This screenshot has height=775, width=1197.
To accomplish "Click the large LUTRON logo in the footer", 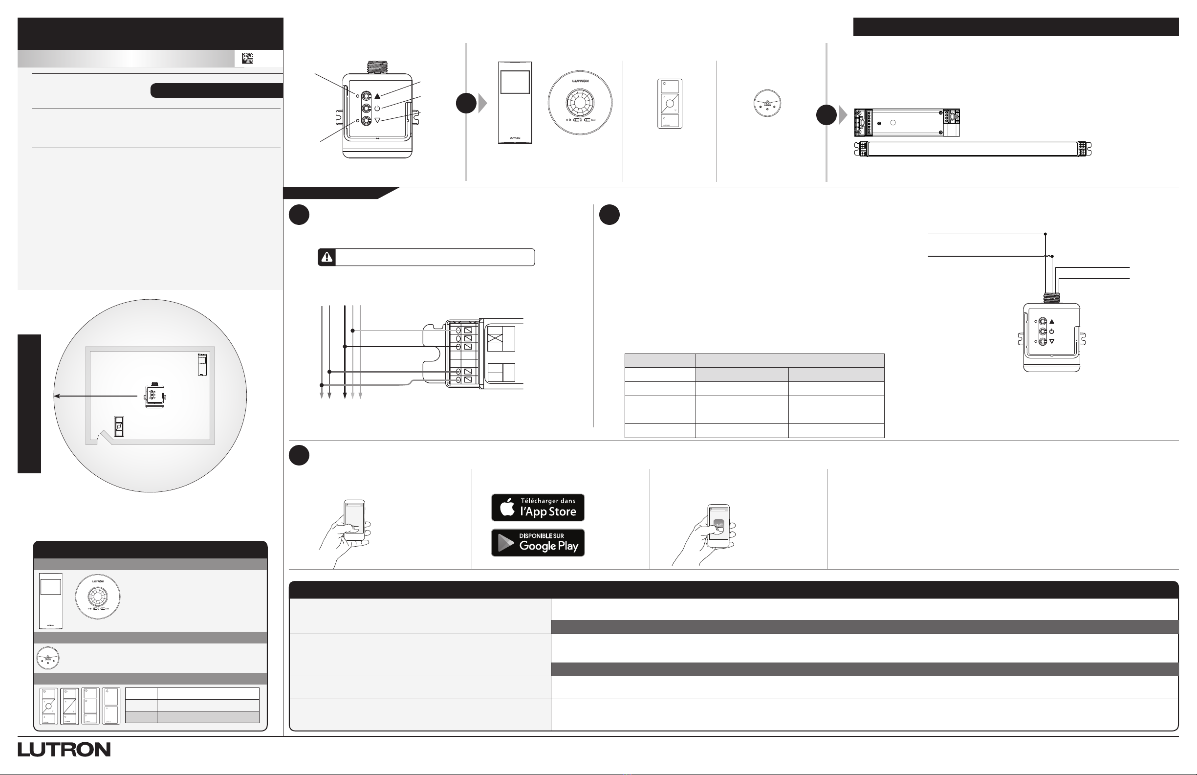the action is coord(65,750).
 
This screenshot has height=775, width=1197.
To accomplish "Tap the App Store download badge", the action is coord(538,507).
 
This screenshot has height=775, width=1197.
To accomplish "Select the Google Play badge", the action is coord(538,543).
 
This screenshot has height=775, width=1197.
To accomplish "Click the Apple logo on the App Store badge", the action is coord(507,507).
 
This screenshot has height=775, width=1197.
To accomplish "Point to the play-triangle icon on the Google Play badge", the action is coord(506,543).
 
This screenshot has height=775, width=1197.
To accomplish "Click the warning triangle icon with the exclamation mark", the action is coord(327,257).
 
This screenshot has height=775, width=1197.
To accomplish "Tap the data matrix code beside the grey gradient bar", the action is coord(247,58).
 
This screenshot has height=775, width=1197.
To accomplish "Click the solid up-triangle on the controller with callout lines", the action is coord(378,96).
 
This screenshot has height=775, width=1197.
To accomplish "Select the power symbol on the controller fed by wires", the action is coord(1051,332).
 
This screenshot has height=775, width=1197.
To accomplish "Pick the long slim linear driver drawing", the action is coord(973,149).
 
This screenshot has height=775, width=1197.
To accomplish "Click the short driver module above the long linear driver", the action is coord(907,123).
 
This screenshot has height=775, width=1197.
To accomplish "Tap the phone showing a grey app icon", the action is coord(718,527).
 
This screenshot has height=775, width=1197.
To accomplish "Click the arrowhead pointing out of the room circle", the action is coord(57,396).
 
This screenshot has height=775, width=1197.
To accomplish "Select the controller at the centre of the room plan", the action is coord(154,397).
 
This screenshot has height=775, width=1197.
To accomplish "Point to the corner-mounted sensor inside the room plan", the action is coord(202,365).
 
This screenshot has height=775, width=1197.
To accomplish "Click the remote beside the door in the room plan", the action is coord(119,427).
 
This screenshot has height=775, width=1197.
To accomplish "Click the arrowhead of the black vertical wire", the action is coord(345,395).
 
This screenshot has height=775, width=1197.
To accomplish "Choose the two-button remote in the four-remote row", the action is coord(110,706).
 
